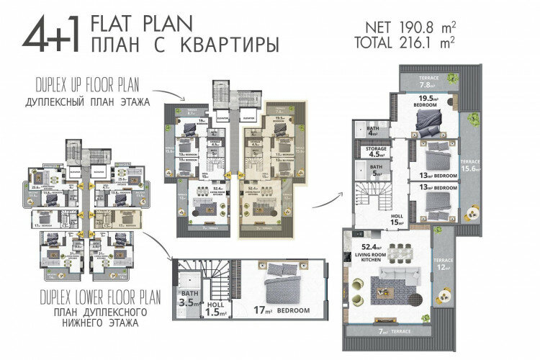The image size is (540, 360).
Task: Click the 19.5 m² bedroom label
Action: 431,102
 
